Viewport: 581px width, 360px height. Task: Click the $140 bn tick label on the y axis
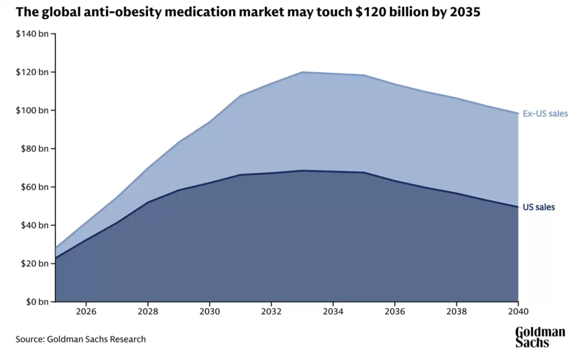coord(32,34)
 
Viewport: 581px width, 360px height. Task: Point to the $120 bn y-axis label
coord(32,72)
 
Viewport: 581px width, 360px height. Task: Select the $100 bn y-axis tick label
coord(32,110)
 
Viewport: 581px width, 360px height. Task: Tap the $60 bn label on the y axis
coord(34,187)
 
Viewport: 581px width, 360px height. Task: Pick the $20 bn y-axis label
coord(34,263)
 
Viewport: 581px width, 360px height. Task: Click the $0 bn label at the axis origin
coord(37,302)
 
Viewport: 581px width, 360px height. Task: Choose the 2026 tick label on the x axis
coord(86,311)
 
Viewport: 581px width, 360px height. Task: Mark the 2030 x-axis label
coord(210,311)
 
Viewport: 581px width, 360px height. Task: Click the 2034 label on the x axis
coord(333,311)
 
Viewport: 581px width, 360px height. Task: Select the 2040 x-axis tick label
coord(518,311)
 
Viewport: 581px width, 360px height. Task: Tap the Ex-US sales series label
coord(545,113)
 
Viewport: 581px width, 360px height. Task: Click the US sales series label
coord(538,207)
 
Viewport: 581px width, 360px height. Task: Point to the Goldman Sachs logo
coord(540,337)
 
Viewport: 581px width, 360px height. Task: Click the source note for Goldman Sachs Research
coord(81,339)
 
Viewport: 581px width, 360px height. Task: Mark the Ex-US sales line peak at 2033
coord(302,72)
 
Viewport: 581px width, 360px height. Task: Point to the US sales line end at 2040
coord(518,207)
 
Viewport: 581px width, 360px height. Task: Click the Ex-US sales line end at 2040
coord(518,113)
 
